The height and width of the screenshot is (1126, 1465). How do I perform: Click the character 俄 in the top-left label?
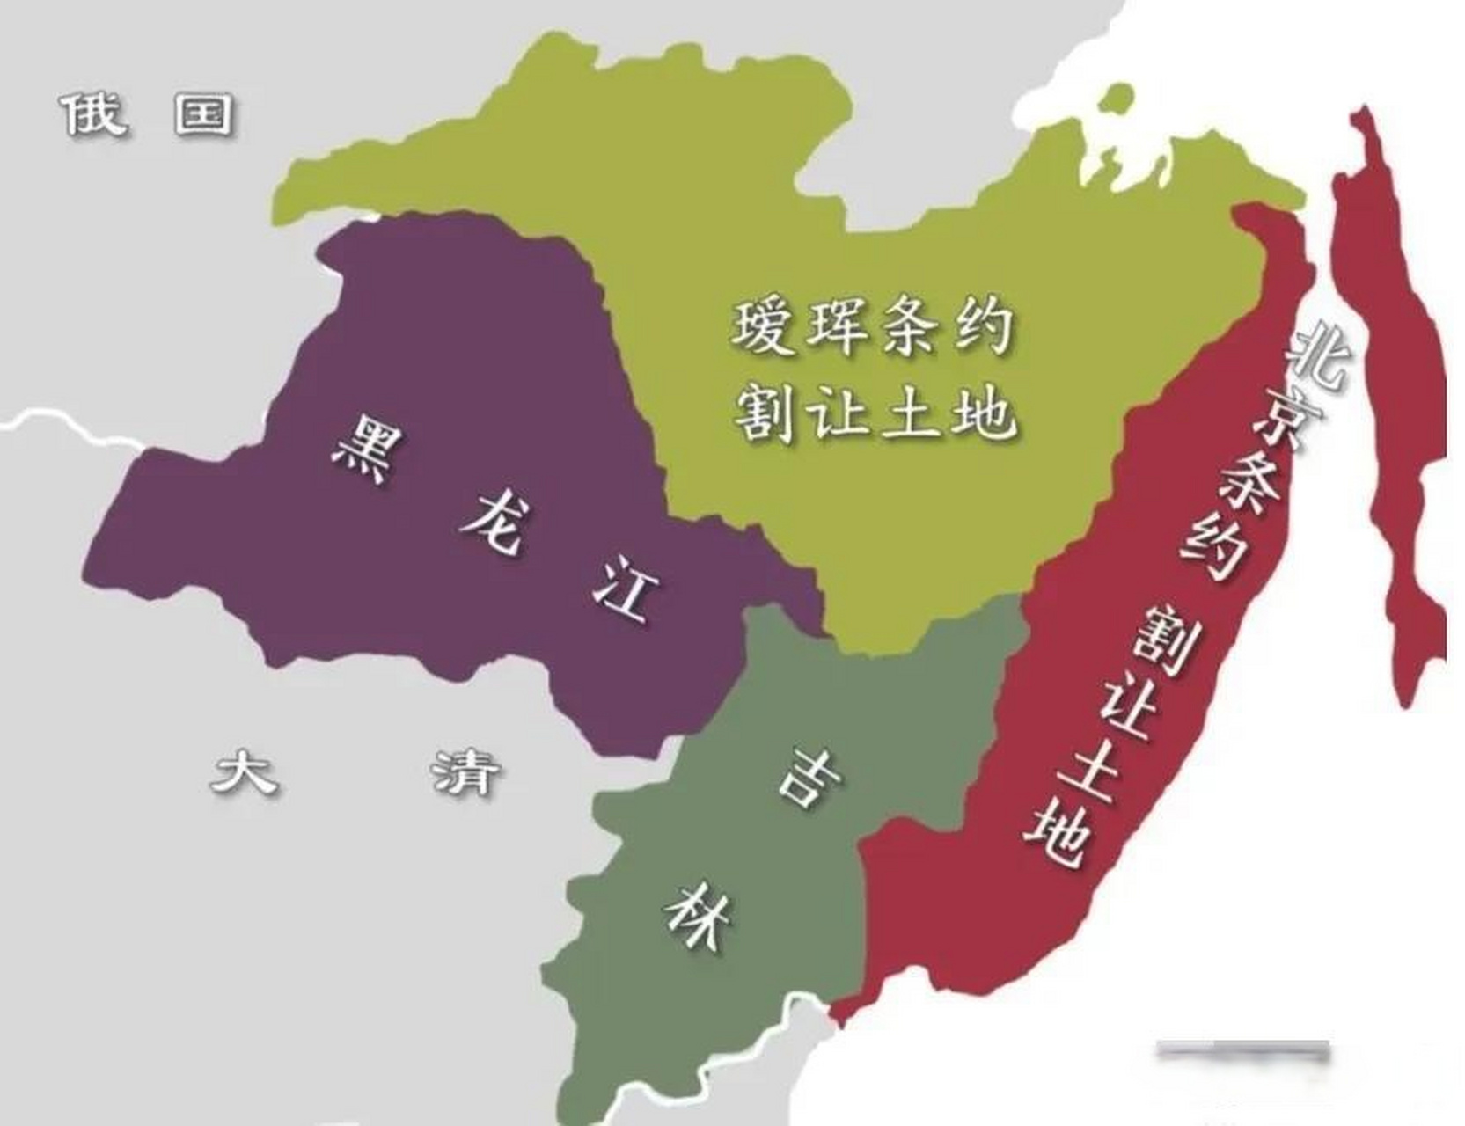point(94,113)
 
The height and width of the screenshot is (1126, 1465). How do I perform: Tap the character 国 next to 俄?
point(204,113)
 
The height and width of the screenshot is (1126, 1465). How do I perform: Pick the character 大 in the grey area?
point(244,771)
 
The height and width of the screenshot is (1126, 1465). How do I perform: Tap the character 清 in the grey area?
point(465,771)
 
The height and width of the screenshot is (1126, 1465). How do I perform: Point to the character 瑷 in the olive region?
point(765,326)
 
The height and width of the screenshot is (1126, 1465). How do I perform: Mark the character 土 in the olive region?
point(912,412)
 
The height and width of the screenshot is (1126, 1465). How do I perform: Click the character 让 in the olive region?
point(839,412)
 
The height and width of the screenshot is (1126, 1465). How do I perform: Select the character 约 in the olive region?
point(981,326)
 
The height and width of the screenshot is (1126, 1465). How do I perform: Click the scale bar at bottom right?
point(1242,1049)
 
